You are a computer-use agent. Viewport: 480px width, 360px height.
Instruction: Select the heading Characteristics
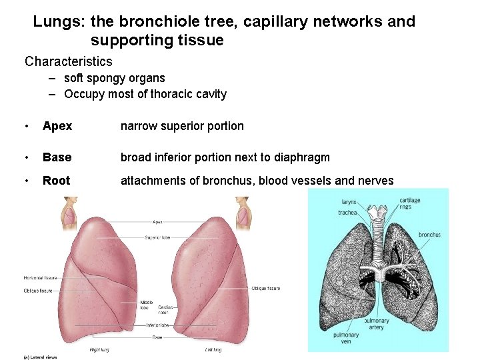pos(69,62)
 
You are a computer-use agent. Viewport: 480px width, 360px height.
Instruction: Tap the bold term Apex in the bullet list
pos(57,126)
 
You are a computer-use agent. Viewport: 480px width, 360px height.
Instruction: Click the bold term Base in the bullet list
pos(57,157)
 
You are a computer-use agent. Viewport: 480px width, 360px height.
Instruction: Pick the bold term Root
pos(56,181)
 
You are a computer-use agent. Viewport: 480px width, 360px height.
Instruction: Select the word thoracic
pos(163,94)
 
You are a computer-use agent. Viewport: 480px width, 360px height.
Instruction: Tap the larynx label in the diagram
pos(349,201)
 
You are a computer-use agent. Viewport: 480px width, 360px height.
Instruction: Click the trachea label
pos(348,213)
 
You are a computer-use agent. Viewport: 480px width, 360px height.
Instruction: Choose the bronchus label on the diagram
pos(429,235)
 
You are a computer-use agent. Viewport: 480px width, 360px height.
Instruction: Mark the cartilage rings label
pos(410,203)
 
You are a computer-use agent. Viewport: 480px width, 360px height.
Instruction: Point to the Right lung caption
pos(99,349)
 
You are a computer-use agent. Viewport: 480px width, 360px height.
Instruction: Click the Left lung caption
pos(213,349)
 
